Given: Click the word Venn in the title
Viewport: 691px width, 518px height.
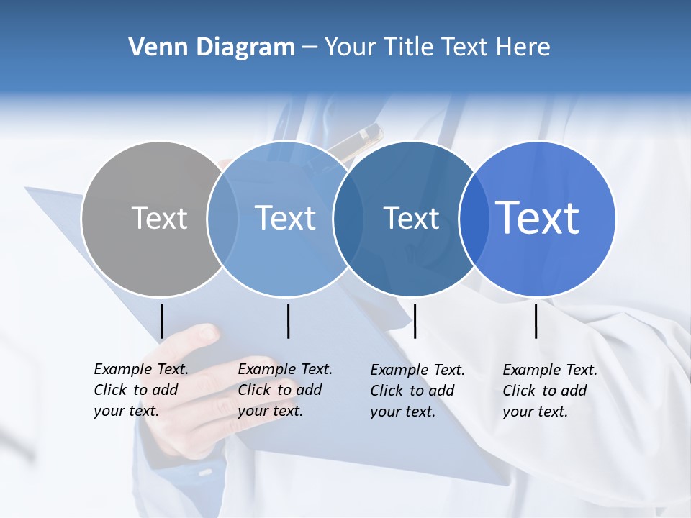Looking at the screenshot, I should (156, 47).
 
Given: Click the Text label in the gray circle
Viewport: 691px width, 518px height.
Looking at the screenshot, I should (159, 218).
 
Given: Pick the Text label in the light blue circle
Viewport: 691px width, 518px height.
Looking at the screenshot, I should (285, 218).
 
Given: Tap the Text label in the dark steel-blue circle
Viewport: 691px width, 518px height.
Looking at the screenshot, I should (411, 218).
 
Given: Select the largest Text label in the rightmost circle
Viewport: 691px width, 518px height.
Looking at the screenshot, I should (538, 217).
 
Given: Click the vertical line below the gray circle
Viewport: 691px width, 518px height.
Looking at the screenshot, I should (161, 321).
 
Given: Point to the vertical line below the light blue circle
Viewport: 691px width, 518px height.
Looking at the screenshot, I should (288, 321).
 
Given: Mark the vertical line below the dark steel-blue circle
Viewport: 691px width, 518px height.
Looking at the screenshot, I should (415, 321).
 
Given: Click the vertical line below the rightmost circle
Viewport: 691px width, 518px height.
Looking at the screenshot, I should (536, 321).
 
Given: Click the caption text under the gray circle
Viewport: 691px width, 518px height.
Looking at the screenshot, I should (140, 390).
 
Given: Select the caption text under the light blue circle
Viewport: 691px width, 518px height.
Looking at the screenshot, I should (284, 390).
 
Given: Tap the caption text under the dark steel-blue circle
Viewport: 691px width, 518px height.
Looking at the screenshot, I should (417, 391).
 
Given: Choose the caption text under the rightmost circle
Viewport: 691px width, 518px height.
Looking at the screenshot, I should (549, 391).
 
